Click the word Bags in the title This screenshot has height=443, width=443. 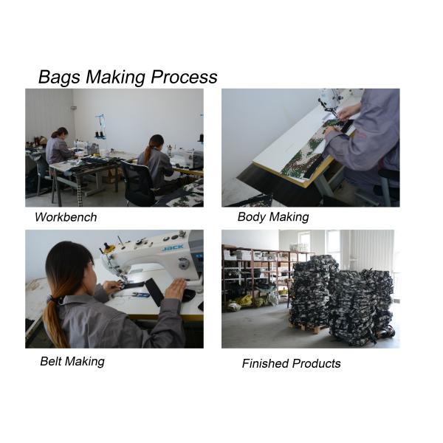tap(59, 78)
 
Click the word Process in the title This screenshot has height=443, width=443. tap(184, 76)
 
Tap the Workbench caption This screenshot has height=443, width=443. tap(66, 217)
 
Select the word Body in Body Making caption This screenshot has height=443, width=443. tap(252, 217)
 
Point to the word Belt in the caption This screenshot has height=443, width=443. tap(52, 361)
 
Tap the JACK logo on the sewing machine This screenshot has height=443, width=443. tap(173, 247)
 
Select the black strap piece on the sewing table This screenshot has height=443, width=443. tap(154, 292)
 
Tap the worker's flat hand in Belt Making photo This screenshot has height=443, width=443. tap(176, 287)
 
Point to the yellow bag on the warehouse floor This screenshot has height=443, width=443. tap(244, 300)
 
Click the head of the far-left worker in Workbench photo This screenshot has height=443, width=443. tap(61, 133)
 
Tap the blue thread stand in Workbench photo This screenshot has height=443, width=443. tap(100, 126)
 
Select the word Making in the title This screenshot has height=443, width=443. tap(116, 78)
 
